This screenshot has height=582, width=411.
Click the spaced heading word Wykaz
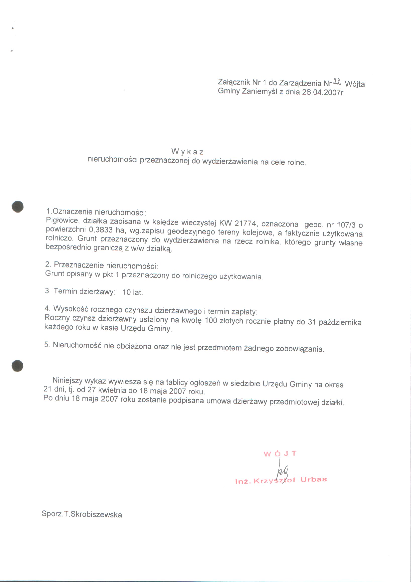point(187,151)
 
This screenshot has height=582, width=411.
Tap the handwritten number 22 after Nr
point(337,82)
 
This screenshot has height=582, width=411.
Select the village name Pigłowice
point(62,220)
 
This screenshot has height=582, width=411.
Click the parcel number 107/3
point(346,225)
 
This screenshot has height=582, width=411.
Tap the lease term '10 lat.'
point(133,292)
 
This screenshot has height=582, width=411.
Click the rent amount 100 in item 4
point(211,321)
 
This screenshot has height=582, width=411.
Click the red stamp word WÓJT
point(280,454)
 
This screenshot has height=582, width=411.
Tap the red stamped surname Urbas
point(314,480)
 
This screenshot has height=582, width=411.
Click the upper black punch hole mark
point(18,206)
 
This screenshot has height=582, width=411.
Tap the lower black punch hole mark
point(18,366)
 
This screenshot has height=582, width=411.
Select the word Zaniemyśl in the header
point(260,91)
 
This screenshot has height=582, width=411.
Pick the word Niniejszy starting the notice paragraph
point(67,380)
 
